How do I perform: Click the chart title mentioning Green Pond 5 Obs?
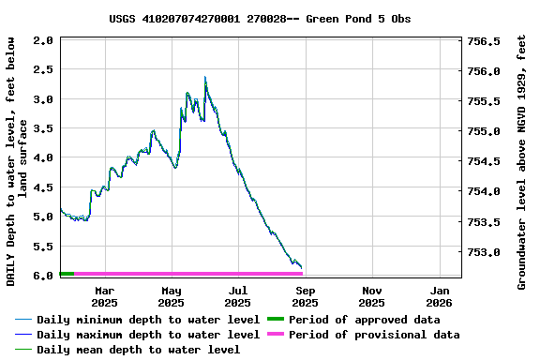260,19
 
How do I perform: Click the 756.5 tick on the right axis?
485,41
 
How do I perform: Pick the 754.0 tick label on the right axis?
485,192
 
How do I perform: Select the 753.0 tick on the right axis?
485,252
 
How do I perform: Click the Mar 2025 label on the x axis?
104,296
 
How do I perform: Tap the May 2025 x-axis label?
171,296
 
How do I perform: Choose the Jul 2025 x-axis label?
238,296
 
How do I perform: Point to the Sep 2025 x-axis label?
305,296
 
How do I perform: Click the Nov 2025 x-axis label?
371,296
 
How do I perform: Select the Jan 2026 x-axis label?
439,296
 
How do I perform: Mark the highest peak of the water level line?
204,78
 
